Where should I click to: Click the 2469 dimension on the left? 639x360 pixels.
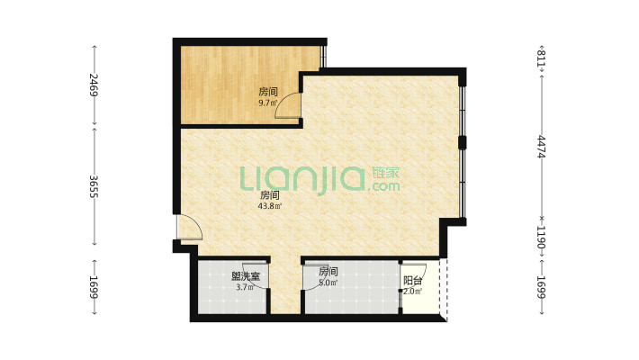pyautogui.click(x=94, y=85)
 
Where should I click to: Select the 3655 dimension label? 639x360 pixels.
pyautogui.click(x=94, y=186)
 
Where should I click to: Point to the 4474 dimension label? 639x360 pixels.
pyautogui.click(x=542, y=147)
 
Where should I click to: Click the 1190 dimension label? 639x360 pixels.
pyautogui.click(x=542, y=238)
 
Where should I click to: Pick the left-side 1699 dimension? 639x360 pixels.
pyautogui.click(x=94, y=287)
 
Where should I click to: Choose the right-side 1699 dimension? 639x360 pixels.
pyautogui.click(x=542, y=287)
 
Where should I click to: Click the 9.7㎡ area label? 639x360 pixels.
pyautogui.click(x=268, y=103)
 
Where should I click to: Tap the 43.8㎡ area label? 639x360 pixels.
pyautogui.click(x=269, y=206)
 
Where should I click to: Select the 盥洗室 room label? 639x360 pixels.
pyautogui.click(x=246, y=276)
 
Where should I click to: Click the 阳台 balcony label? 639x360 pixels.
pyautogui.click(x=412, y=281)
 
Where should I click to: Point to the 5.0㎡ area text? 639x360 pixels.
pyautogui.click(x=328, y=282)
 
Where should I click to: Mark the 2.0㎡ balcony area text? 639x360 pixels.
pyautogui.click(x=412, y=291)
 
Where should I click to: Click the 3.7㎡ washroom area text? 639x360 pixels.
pyautogui.click(x=246, y=287)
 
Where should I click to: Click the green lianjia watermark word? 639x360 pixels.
pyautogui.click(x=302, y=179)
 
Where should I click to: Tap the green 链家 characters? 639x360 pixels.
pyautogui.click(x=385, y=173)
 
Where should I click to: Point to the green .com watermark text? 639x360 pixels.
pyautogui.click(x=383, y=186)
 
